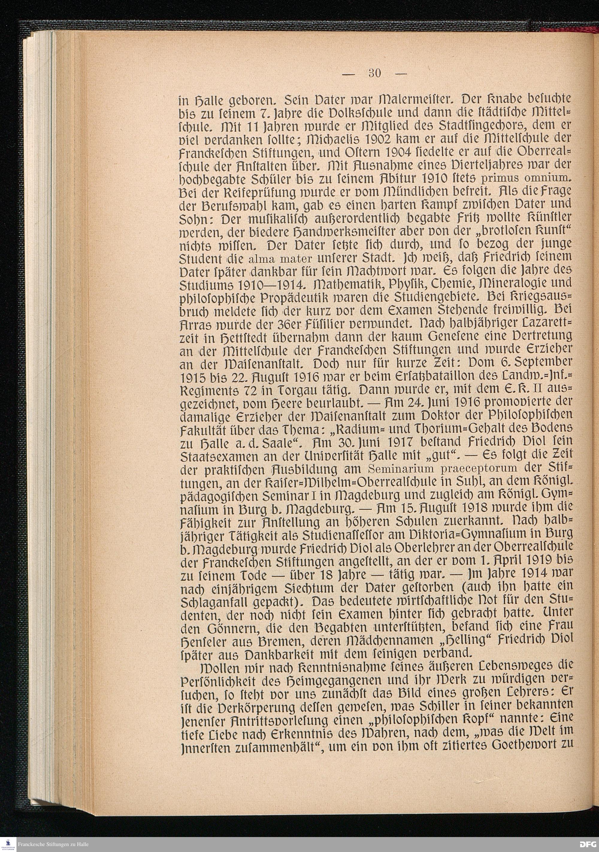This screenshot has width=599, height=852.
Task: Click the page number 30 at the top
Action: pyautogui.click(x=375, y=73)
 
